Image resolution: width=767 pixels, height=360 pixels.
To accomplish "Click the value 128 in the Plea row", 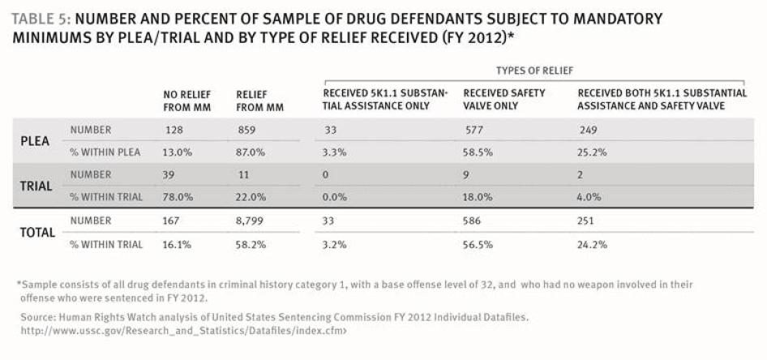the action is [171, 130].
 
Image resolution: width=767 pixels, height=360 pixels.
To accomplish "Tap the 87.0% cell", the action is [251, 152].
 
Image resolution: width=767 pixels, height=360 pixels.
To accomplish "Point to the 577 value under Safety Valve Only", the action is [470, 130].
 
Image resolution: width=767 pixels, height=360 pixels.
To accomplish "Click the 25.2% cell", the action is [592, 152].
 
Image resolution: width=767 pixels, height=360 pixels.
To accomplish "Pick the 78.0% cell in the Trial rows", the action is [178, 197].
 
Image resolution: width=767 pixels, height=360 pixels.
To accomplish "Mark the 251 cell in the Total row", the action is [585, 221].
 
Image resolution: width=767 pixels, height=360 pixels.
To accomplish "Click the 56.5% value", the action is [478, 244].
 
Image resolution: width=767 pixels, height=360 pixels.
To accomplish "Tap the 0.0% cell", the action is [335, 197].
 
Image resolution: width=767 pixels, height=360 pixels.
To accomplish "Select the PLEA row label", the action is [35, 141].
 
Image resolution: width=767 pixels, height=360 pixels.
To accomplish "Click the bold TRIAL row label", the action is [36, 186].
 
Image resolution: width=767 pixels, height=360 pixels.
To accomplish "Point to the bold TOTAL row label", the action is [37, 233].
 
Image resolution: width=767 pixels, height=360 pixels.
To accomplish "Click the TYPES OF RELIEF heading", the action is [534, 71].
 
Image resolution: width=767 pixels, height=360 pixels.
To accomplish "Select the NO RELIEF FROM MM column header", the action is [186, 101].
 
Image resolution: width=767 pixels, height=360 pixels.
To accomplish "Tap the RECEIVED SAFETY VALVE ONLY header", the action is [503, 99].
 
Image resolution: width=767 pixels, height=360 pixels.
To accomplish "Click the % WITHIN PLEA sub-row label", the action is [105, 152].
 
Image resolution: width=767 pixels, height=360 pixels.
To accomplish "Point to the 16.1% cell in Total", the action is [177, 244].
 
